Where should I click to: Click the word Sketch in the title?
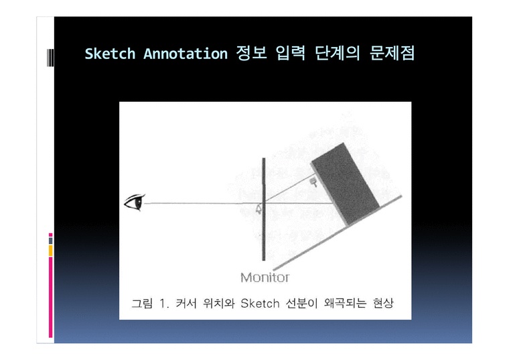click(x=110, y=54)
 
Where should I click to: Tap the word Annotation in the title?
click(x=186, y=54)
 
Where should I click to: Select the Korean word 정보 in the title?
click(x=252, y=53)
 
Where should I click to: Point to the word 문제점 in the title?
click(x=392, y=53)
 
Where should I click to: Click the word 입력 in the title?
click(x=291, y=53)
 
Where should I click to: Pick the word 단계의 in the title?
click(x=338, y=53)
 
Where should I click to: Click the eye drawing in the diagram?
click(x=135, y=202)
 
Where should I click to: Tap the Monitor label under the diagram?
click(x=265, y=278)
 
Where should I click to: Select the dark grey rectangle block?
click(x=346, y=184)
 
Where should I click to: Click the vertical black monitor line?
click(x=264, y=209)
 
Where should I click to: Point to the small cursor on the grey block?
click(x=313, y=182)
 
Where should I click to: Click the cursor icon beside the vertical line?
click(x=259, y=209)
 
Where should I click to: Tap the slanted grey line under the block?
click(x=338, y=233)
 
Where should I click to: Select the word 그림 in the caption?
click(x=142, y=303)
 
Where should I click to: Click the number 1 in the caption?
click(x=162, y=304)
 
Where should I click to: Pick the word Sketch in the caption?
click(x=260, y=304)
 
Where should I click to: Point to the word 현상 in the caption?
click(x=383, y=303)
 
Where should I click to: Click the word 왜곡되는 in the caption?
click(x=345, y=303)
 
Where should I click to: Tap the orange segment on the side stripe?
click(x=51, y=251)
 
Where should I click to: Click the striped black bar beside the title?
click(x=50, y=58)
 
